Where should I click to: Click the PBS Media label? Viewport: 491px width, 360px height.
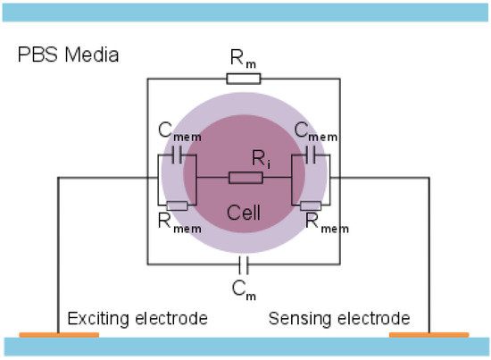click(x=69, y=56)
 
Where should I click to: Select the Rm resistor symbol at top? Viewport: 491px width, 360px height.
click(x=243, y=79)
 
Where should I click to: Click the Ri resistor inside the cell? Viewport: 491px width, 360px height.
click(x=245, y=178)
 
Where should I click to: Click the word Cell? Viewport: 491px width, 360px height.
click(x=245, y=213)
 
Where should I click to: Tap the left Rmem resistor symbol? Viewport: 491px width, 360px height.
click(x=177, y=205)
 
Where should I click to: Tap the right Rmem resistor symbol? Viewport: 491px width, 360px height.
click(x=312, y=205)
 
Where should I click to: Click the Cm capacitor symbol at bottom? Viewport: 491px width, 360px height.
click(x=244, y=264)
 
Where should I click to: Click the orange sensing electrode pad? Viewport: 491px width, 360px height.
click(x=429, y=335)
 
